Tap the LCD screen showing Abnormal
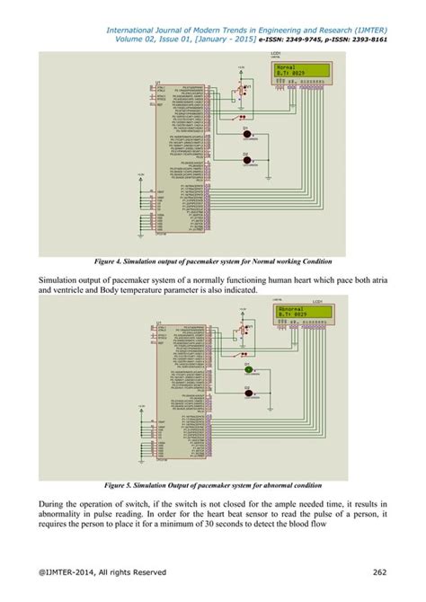[302, 314]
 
